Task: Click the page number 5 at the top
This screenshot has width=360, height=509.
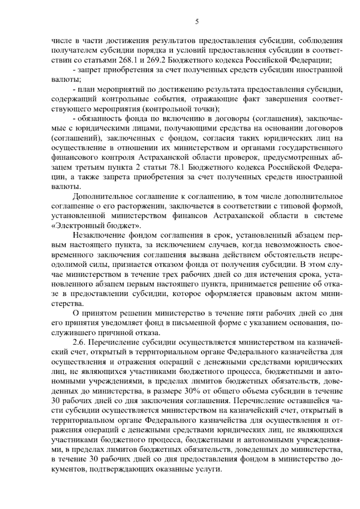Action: tap(197, 21)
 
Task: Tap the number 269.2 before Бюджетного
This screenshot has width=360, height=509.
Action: tap(156, 60)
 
